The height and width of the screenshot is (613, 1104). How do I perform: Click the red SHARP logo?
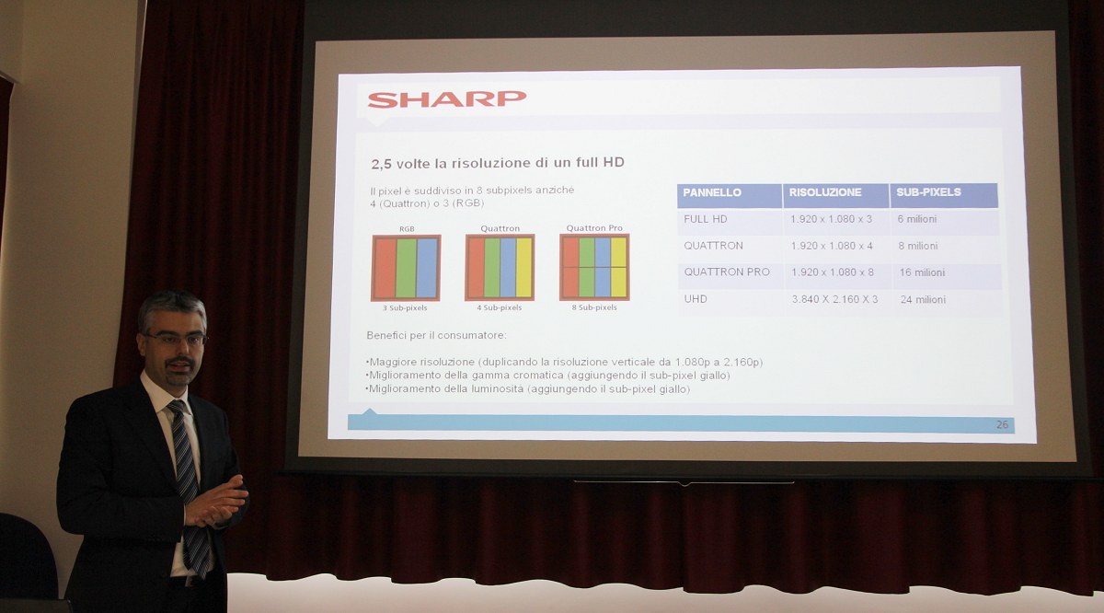446,98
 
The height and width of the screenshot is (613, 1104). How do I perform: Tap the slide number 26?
1002,424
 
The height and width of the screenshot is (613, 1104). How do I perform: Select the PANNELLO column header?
712,192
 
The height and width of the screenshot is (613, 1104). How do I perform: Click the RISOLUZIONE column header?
825,192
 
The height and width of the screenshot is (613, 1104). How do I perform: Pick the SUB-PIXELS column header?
928,191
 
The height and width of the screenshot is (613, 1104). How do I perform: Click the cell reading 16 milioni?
922,272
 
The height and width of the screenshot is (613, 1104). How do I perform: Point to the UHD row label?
696,299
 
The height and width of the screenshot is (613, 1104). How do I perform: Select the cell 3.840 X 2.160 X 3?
835,299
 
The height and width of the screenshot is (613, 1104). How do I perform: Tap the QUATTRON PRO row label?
727,272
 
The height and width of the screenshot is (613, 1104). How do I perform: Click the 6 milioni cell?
916,219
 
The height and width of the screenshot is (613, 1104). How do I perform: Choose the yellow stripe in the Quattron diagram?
523,267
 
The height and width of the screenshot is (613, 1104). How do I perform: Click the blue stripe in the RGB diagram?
427,268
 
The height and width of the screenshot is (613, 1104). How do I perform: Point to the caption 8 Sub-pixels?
594,307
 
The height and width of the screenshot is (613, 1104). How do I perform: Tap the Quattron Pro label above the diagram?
594,228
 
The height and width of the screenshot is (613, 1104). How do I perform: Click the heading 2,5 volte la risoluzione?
498,163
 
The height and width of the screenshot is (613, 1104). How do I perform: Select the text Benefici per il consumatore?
436,335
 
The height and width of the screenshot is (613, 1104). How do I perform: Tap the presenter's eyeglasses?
176,339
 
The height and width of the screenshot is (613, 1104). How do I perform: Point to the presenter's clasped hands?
216,502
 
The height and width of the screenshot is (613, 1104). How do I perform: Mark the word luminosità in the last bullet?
498,389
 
